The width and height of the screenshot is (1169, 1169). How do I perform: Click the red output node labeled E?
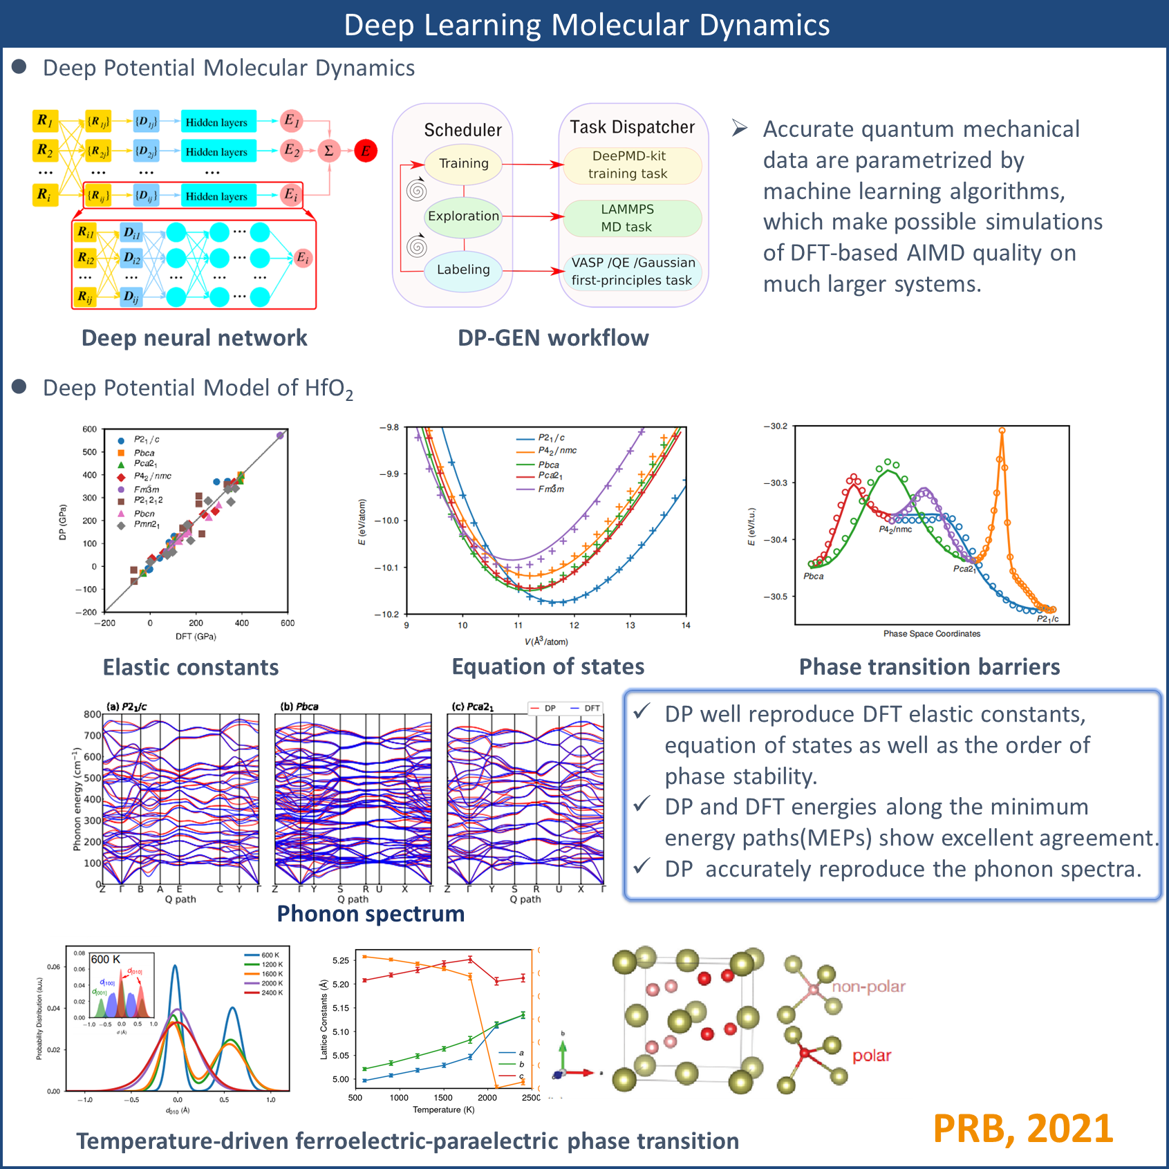pos(366,151)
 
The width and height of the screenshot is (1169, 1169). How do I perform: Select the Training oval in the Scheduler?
pos(463,164)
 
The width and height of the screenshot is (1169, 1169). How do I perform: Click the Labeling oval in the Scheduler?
pos(463,270)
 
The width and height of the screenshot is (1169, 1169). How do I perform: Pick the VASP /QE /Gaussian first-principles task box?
pos(632,271)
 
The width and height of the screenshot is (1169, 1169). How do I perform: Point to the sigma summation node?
pos(329,151)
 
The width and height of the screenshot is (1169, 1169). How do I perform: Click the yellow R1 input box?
pos(45,121)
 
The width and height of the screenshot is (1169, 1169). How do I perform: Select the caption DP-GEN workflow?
pos(553,338)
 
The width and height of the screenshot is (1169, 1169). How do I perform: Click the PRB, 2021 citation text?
pos(1022,1129)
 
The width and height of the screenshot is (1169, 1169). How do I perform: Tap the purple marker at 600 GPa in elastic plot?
pos(280,436)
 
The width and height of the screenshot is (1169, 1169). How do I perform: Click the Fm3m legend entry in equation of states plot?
pos(551,489)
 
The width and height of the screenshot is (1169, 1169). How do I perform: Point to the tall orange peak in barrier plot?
pos(1002,432)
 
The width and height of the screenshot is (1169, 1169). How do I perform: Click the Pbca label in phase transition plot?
pos(814,576)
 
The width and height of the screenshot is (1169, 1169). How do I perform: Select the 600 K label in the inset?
pos(106,960)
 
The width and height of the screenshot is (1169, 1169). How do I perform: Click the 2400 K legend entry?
pos(272,993)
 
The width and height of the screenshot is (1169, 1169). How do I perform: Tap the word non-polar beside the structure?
pos(868,987)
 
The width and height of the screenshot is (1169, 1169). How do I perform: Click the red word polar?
pos(872,1056)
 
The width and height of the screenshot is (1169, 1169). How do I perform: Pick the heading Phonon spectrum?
pos(371,914)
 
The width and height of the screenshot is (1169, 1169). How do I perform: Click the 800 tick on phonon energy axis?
pos(93,714)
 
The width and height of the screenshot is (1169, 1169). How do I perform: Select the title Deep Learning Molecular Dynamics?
pos(586,25)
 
